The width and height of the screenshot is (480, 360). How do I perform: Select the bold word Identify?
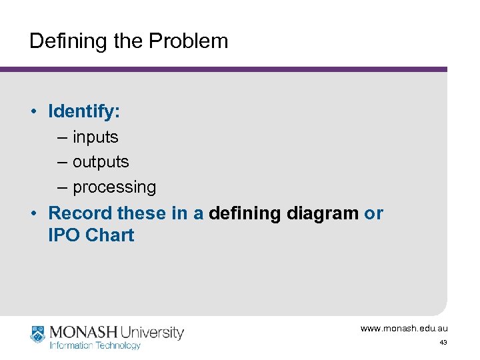[x=84, y=111]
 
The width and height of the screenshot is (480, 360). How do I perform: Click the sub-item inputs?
[x=95, y=137]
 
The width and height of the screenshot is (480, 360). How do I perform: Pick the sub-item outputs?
[x=101, y=162]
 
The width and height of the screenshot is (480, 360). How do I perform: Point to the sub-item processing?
[x=114, y=187]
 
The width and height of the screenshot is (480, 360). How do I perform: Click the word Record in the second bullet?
[x=80, y=213]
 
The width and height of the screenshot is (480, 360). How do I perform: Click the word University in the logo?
[x=153, y=331]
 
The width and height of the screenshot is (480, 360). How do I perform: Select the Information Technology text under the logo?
[x=95, y=345]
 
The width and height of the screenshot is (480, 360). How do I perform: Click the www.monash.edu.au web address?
[x=404, y=329]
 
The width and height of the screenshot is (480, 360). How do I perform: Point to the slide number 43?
[x=443, y=343]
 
